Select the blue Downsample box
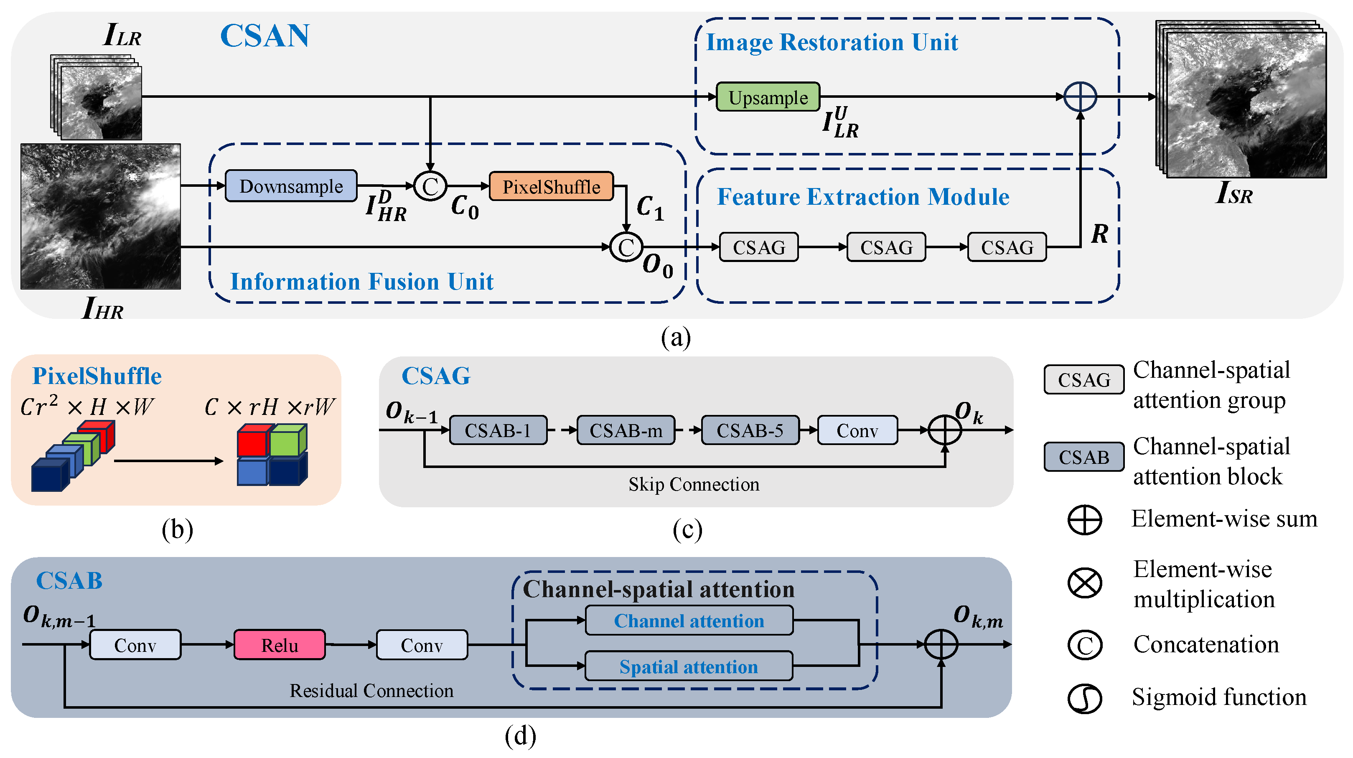(290, 186)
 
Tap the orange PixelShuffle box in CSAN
(551, 186)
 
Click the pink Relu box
(280, 645)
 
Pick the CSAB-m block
(626, 431)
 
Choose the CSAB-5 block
(750, 431)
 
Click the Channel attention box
(689, 621)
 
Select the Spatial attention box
(689, 666)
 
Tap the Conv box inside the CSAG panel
(857, 431)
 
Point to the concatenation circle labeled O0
(626, 247)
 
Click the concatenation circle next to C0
(430, 186)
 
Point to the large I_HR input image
(100, 216)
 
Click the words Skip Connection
(693, 484)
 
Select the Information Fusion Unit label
(362, 282)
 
